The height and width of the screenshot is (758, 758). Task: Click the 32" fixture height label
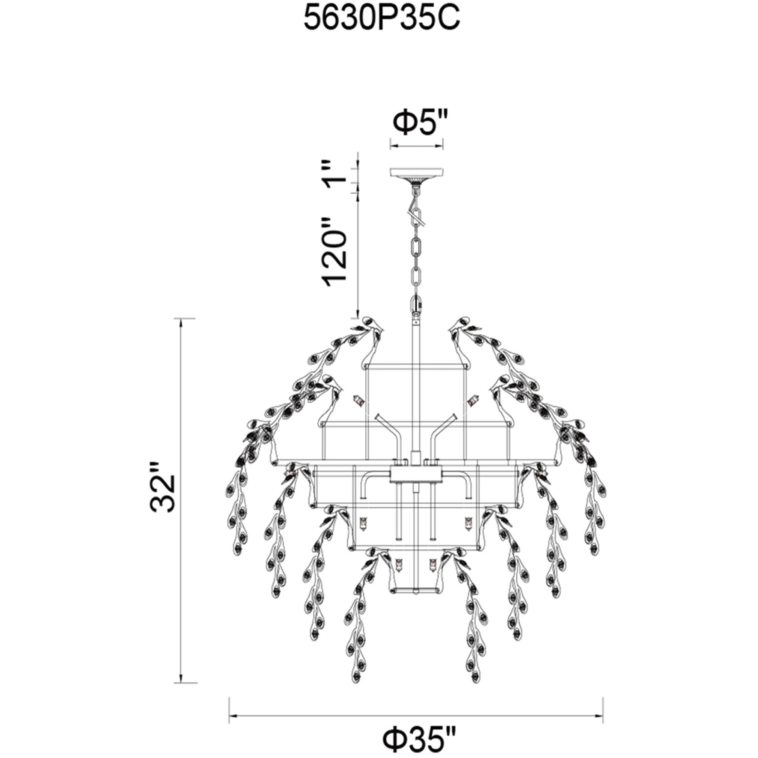click(x=163, y=487)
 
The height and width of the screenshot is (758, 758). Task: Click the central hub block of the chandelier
click(x=416, y=474)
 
